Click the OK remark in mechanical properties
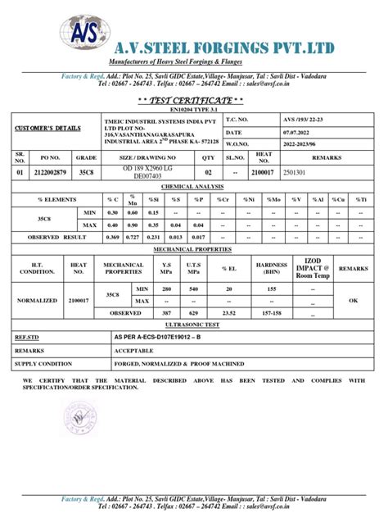coord(354,300)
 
